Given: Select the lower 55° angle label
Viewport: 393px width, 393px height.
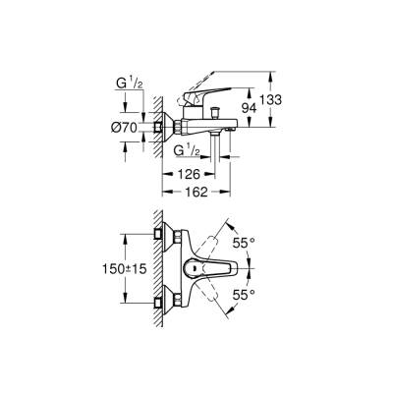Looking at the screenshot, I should click(245, 295).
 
